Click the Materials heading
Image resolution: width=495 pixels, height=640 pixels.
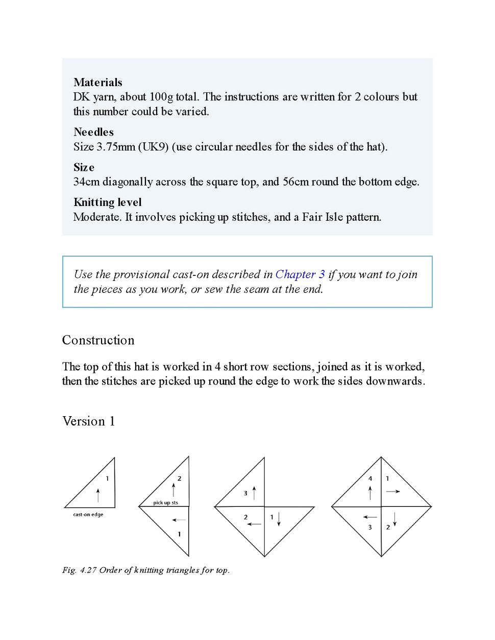tap(97, 82)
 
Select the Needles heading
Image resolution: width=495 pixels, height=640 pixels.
tap(93, 132)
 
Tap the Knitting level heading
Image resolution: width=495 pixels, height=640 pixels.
tap(107, 202)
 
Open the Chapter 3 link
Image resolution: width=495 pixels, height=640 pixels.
tap(300, 274)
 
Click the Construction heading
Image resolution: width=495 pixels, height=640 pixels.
tap(98, 340)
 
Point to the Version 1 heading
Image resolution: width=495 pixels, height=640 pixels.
tap(88, 421)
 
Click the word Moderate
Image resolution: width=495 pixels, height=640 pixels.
tap(97, 217)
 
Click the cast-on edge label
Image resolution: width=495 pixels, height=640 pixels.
tap(88, 515)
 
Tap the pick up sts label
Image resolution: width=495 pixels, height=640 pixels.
tap(165, 503)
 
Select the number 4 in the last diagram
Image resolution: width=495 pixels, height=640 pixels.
tap(370, 479)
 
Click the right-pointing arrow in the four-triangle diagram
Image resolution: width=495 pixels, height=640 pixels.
tap(393, 492)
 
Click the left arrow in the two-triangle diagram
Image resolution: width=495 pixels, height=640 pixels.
tap(179, 520)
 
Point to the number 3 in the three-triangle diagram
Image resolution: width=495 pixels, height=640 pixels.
tap(245, 493)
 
